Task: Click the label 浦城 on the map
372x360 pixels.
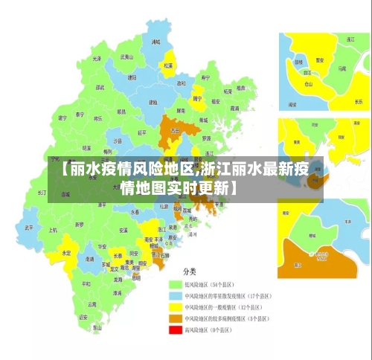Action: pyautogui.click(x=156, y=42)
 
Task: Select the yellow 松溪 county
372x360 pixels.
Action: pyautogui.click(x=169, y=64)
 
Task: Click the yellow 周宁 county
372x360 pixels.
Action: pyautogui.click(x=198, y=97)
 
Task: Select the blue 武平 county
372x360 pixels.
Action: pyautogui.click(x=28, y=228)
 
